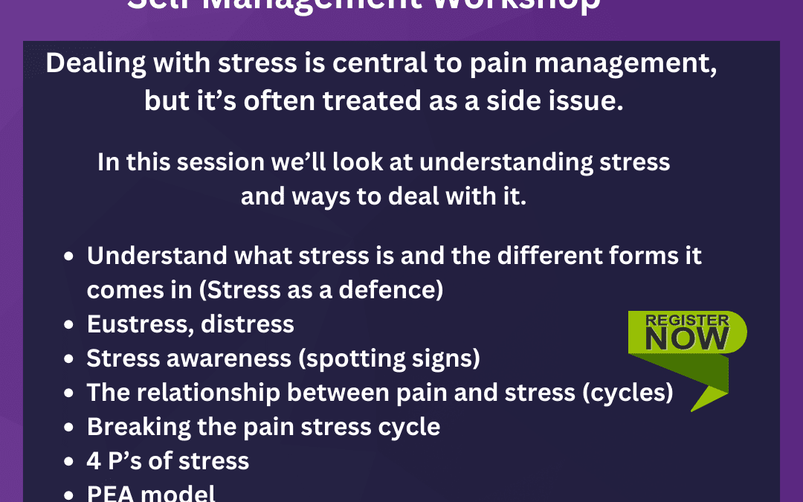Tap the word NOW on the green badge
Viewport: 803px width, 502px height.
click(x=687, y=339)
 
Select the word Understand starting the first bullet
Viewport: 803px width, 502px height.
click(x=156, y=256)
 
